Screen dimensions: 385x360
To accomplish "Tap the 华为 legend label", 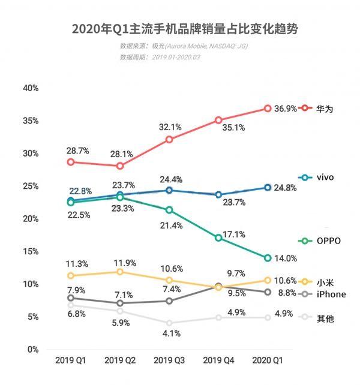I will click(325, 109).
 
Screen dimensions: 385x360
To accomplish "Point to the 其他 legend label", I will click(325, 318).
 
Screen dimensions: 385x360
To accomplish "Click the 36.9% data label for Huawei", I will click(286, 109).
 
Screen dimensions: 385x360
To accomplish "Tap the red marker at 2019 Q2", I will click(120, 166).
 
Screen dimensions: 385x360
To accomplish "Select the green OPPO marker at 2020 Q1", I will click(268, 258).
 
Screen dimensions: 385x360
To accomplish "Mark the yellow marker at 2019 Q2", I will click(120, 272).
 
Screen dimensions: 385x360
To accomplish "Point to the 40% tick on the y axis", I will click(30, 88).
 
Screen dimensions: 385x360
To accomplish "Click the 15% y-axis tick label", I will click(30, 251).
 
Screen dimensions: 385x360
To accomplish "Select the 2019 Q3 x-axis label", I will click(169, 360).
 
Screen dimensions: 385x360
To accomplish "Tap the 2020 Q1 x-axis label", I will click(268, 360).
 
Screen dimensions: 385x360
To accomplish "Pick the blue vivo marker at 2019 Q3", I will click(169, 190).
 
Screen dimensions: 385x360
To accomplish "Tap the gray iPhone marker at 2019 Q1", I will click(71, 297).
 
